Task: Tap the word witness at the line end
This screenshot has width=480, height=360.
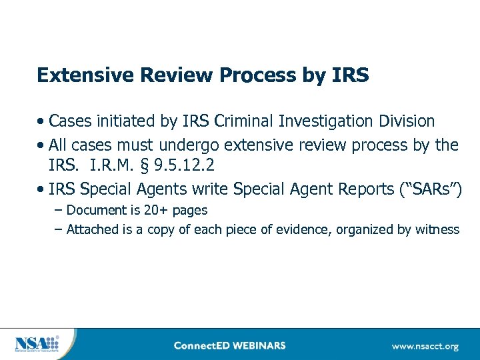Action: click(438, 230)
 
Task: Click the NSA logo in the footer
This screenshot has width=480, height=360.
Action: click(37, 345)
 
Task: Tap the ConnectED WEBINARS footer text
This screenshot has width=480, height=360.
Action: click(229, 345)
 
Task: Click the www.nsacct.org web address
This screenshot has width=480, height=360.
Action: click(425, 346)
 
